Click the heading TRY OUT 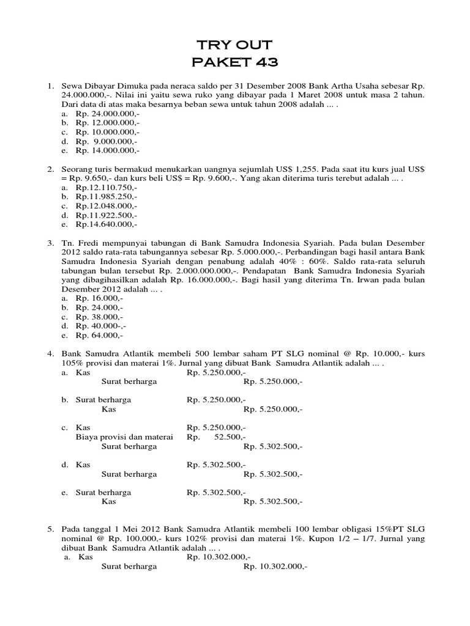[236, 45]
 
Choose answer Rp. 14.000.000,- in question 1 [108, 150]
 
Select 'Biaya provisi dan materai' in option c [124, 437]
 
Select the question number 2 [51, 169]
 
